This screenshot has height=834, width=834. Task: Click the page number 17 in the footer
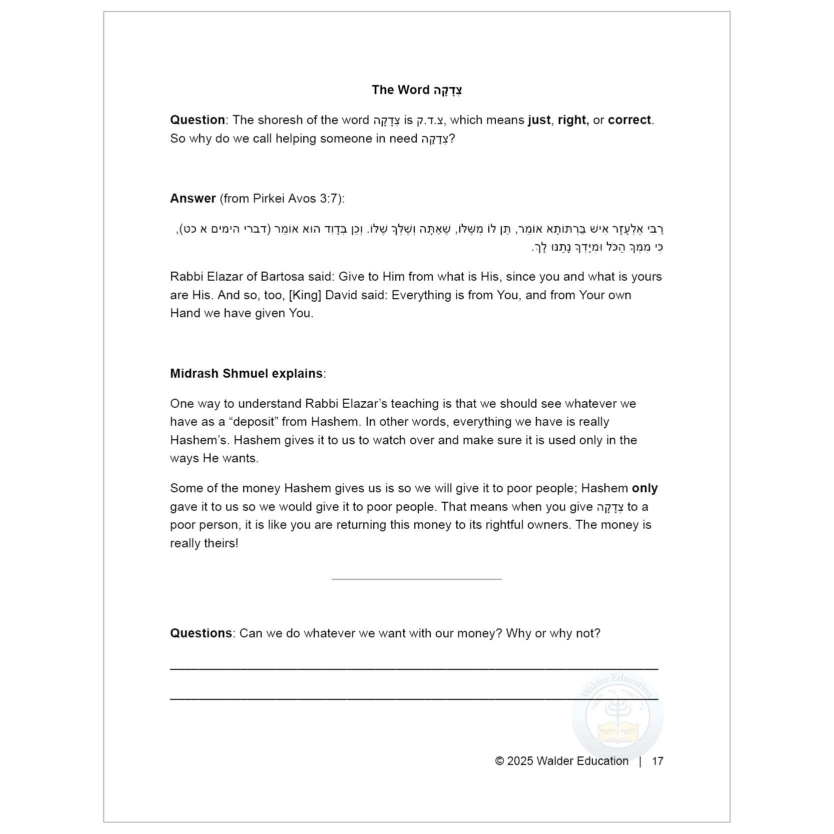[x=657, y=761]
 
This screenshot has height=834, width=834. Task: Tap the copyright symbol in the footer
[x=499, y=761]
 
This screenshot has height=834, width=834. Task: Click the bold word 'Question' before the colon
[x=197, y=120]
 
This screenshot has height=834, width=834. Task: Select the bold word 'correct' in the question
[x=629, y=120]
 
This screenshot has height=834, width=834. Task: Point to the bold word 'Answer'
[x=193, y=199]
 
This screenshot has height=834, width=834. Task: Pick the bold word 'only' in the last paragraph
[x=645, y=488]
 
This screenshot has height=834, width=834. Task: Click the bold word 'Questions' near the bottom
[x=201, y=633]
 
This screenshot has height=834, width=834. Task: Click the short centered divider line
[x=416, y=579]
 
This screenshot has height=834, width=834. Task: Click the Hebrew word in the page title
[x=448, y=91]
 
